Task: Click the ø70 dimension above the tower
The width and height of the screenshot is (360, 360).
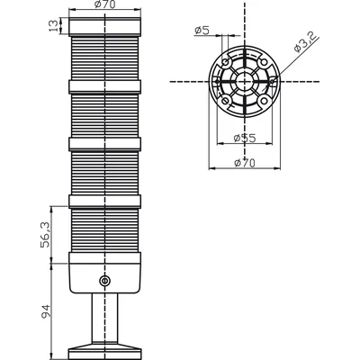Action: pos(104,4)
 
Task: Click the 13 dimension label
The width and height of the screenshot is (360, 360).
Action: pos(52,26)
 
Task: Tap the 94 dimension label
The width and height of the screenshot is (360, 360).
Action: pos(46,311)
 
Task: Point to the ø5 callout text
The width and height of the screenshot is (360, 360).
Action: pos(202,30)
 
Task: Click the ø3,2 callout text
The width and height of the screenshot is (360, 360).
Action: pos(305,42)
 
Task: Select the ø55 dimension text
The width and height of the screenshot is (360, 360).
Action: pos(245,139)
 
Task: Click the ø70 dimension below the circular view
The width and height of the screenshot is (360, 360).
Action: pos(245,163)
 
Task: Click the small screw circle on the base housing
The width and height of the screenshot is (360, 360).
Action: pos(104,281)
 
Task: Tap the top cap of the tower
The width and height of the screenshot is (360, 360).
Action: pos(104,27)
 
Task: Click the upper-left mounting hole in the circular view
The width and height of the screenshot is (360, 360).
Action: pos(225,63)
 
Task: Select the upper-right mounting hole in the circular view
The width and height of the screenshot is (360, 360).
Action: pos(264,63)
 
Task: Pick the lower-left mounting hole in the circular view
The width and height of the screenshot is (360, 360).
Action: pos(225,100)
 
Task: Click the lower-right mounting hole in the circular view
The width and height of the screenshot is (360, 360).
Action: pos(264,100)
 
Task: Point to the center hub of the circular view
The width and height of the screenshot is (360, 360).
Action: pos(245,81)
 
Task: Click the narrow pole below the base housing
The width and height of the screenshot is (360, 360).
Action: pos(104,318)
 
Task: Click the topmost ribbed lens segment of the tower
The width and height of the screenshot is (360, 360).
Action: pos(104,58)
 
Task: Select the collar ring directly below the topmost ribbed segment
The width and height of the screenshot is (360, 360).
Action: pos(104,86)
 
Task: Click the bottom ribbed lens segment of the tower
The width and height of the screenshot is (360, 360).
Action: pos(104,230)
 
